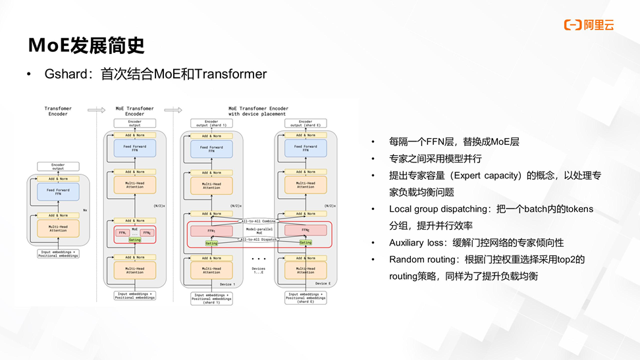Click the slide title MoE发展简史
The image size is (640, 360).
(86, 45)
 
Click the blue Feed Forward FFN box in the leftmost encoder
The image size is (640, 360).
(58, 192)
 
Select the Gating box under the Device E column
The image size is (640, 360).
(306, 243)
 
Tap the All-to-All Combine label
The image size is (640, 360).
(259, 221)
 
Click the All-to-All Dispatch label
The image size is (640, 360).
(259, 240)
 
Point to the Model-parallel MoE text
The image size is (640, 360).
(259, 230)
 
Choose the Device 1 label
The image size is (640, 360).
(228, 284)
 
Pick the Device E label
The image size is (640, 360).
(322, 284)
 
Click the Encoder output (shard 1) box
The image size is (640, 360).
(211, 123)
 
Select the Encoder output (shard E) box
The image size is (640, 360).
(306, 123)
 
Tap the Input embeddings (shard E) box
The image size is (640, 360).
(306, 297)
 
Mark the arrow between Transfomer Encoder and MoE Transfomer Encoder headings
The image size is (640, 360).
(96, 110)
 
